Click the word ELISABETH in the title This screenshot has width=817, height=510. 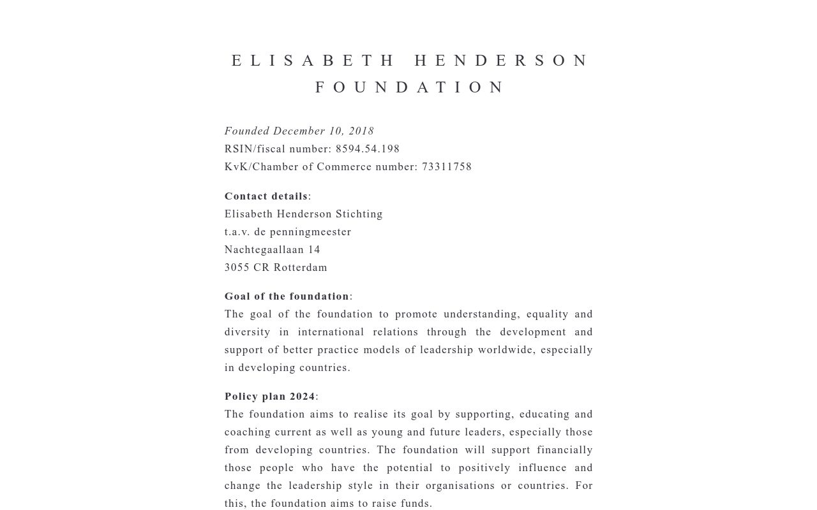pyautogui.click(x=313, y=61)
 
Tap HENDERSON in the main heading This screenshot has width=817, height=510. pyautogui.click(x=502, y=61)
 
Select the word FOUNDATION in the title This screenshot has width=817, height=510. pyautogui.click(x=410, y=87)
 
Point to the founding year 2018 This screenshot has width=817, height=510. pyautogui.click(x=361, y=131)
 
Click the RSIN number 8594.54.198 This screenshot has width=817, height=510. pyautogui.click(x=368, y=149)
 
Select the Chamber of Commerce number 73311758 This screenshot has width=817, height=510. pyautogui.click(x=447, y=167)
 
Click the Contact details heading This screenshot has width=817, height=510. pyautogui.click(x=266, y=196)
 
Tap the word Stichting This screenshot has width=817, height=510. pyautogui.click(x=359, y=214)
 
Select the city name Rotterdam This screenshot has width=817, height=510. pyautogui.click(x=301, y=268)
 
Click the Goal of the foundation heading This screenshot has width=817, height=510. pyautogui.click(x=287, y=296)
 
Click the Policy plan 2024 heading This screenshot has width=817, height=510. pyautogui.click(x=270, y=397)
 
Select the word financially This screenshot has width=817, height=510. pyautogui.click(x=561, y=450)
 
